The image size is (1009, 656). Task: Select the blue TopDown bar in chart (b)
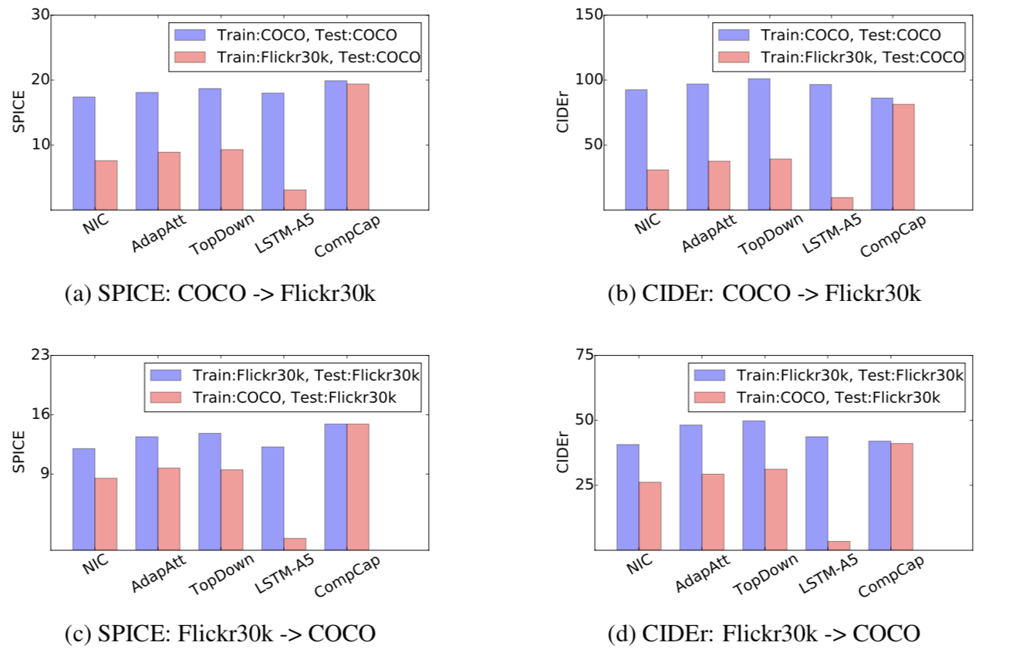pos(758,144)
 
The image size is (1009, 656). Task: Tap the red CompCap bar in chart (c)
pos(358,487)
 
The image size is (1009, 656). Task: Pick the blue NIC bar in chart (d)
pos(628,497)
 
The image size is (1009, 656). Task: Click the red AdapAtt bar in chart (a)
pos(169,181)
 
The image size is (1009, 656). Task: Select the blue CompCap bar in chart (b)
pos(882,154)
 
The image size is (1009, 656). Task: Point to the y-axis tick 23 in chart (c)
pos(41,355)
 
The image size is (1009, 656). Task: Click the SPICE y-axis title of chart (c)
pos(19,451)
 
